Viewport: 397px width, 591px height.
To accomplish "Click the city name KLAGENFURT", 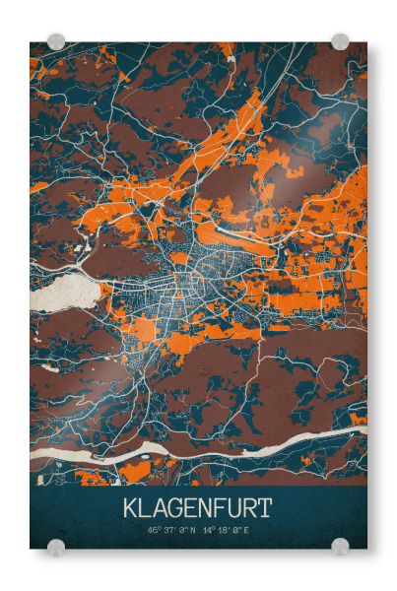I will click(197, 508).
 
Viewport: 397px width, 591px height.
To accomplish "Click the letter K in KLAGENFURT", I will click(130, 508).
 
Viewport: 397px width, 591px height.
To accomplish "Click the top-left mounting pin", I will click(56, 41).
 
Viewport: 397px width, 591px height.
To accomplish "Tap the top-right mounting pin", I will click(340, 41).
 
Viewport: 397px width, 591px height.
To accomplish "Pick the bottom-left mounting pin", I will click(56, 546).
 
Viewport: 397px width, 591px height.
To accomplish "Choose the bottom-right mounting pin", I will click(340, 546).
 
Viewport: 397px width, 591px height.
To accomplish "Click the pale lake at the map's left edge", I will click(65, 295).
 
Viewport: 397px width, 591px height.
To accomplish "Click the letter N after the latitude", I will click(194, 530).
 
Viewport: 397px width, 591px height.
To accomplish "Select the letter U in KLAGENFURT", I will click(233, 508).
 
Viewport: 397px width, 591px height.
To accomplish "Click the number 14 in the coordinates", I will click(207, 530).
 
